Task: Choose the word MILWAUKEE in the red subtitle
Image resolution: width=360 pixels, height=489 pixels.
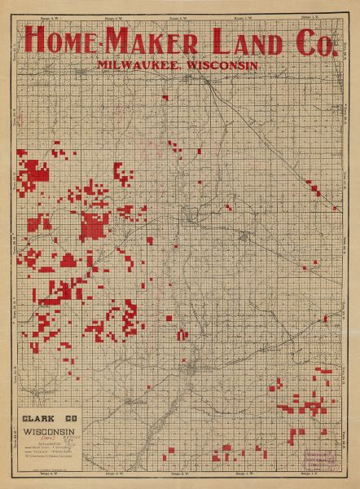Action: pos(137,64)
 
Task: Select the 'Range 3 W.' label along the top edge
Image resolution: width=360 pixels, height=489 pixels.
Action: pos(112,16)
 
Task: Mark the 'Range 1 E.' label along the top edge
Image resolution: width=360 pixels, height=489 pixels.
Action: pos(308,16)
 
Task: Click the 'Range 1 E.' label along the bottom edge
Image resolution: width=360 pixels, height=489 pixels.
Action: pos(308,474)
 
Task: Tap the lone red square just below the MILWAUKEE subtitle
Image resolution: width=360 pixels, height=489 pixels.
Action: pos(165,98)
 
